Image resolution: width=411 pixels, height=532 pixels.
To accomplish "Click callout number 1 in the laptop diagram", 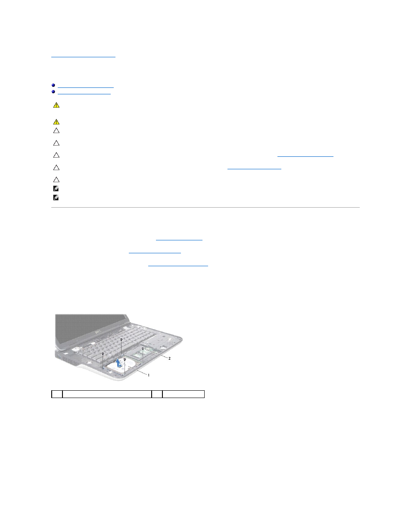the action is [149, 375].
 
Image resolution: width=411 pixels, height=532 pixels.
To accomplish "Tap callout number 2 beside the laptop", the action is [169, 358].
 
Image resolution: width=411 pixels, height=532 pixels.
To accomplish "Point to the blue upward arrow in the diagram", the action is [119, 363].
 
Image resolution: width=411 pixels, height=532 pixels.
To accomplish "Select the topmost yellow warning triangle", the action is [56, 105].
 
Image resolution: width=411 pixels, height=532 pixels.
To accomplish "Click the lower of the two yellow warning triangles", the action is [56, 121].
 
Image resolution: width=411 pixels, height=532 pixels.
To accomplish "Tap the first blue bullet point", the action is [53, 85].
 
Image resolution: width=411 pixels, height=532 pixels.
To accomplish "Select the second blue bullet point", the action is [53, 92].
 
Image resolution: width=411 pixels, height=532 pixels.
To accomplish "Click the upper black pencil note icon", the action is [56, 189].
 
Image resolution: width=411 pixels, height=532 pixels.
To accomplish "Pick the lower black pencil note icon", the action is [56, 198].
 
